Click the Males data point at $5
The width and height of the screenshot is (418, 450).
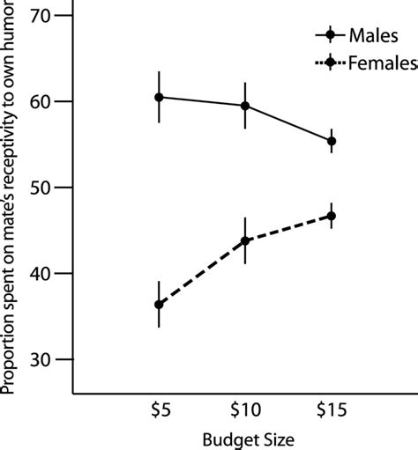click(x=159, y=97)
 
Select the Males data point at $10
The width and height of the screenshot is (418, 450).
click(x=245, y=106)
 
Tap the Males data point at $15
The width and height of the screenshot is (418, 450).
click(x=332, y=141)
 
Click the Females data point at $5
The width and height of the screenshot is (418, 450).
click(x=159, y=305)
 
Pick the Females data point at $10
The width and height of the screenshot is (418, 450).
click(x=245, y=240)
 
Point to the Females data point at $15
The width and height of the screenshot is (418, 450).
click(x=332, y=216)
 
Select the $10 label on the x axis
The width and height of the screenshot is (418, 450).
click(x=245, y=410)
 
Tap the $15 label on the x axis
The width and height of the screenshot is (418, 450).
click(x=332, y=410)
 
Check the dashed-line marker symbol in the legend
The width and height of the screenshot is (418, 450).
click(x=331, y=63)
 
